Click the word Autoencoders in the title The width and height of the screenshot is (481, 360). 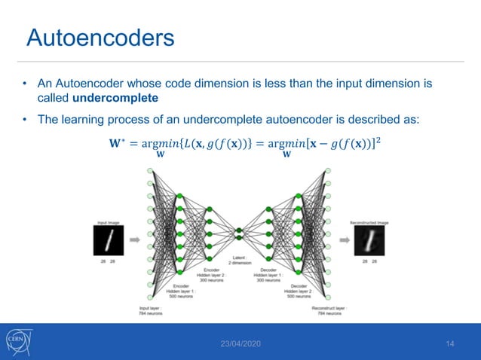[100, 38]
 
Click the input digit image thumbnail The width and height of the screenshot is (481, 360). [109, 240]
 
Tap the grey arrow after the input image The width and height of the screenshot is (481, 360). [133, 240]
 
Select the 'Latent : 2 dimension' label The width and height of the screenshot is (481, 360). [240, 260]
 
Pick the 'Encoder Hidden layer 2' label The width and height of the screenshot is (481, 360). [212, 273]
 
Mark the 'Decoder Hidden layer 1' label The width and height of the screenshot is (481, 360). [270, 273]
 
